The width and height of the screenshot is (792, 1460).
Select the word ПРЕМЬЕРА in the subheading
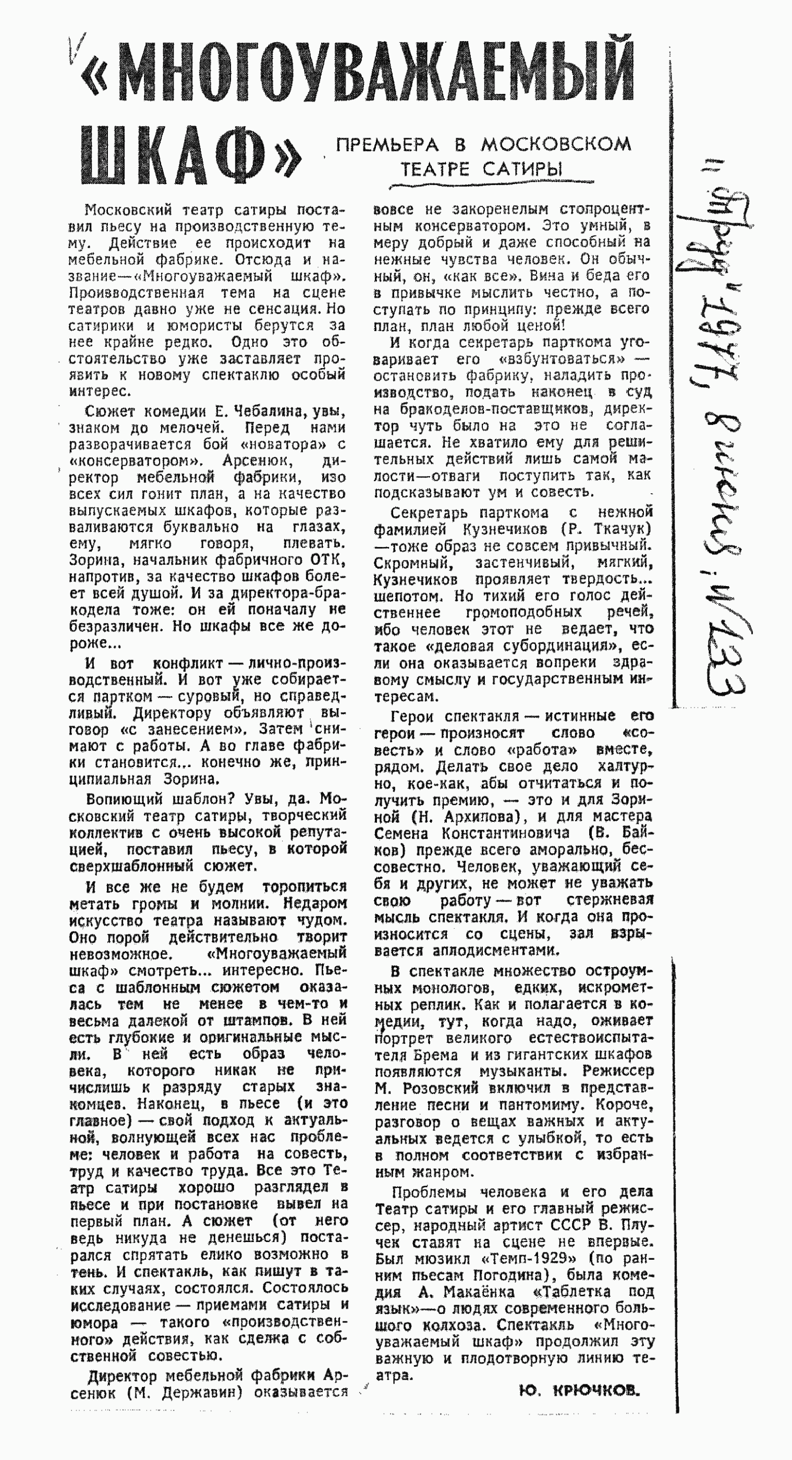click(x=387, y=145)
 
